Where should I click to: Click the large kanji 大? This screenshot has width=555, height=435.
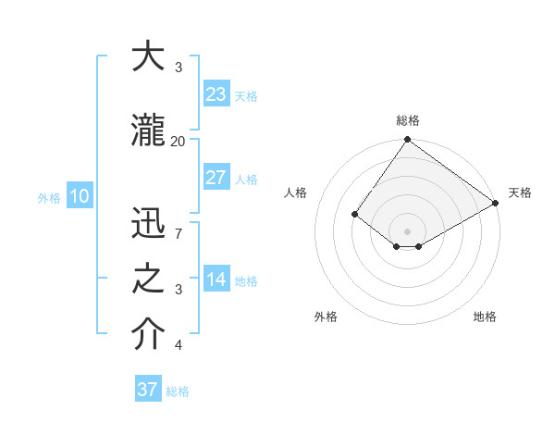149,56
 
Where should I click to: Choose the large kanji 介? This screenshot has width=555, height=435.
149,334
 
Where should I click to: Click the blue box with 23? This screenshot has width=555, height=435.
216,93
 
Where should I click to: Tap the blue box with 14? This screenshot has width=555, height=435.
216,280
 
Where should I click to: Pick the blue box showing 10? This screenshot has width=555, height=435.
79,196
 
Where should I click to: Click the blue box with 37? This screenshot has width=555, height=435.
148,390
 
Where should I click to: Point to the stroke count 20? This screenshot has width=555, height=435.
178,141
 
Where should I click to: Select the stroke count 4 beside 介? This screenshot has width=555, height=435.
178,345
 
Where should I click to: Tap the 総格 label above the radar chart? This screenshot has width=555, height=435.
408,121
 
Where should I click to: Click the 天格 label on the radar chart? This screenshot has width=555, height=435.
520,193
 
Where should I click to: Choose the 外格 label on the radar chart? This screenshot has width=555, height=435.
326,317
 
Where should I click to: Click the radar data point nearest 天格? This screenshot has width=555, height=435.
496,204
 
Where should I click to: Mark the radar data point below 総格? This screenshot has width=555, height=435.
407,140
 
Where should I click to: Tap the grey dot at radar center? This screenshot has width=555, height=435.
407,230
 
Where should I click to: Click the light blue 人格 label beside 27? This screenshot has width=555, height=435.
246,179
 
